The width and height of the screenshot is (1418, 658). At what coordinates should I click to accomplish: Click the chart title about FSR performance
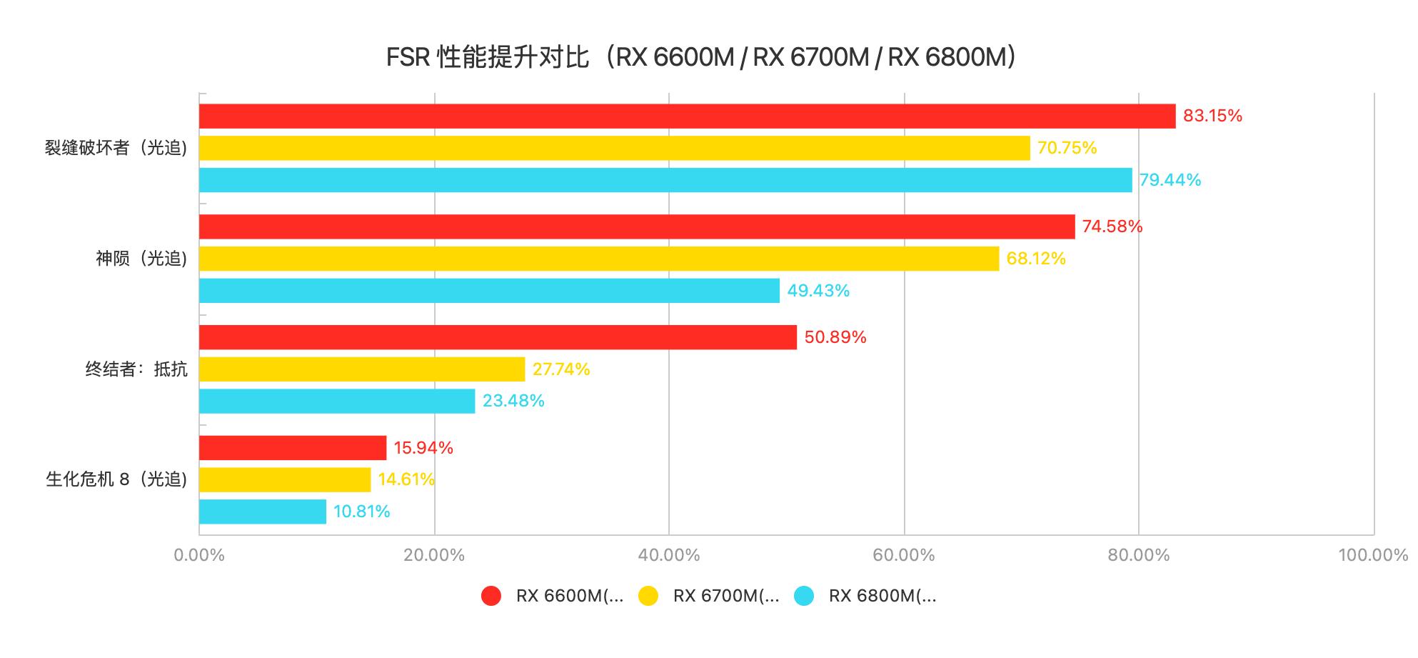(x=700, y=57)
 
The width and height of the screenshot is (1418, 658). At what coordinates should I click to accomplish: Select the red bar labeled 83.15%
(x=687, y=116)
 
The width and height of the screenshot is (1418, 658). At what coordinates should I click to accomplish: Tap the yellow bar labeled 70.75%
(x=614, y=148)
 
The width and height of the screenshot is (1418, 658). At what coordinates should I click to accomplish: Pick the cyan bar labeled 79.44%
(x=665, y=180)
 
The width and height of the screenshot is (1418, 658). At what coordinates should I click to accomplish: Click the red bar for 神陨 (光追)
(x=637, y=226)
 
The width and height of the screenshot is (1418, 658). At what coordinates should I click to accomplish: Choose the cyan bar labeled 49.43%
(x=489, y=291)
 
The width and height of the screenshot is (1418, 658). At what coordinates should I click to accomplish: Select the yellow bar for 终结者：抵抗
(x=362, y=369)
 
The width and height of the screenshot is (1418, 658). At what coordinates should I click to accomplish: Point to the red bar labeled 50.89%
(x=498, y=337)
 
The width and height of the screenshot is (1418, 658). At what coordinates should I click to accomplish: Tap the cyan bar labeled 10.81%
(x=263, y=512)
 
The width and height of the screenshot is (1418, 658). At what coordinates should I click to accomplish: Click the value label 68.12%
(x=1035, y=259)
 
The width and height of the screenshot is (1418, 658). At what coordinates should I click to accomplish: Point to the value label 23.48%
(x=513, y=401)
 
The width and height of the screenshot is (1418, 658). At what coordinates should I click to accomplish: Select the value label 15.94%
(x=423, y=448)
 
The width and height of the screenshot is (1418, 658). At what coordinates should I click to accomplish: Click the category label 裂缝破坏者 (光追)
(x=116, y=148)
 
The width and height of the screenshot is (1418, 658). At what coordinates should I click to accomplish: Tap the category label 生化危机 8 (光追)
(x=116, y=479)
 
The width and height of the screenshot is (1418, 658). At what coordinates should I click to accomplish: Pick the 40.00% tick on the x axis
(x=669, y=555)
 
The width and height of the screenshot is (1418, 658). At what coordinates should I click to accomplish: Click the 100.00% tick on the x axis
(x=1373, y=555)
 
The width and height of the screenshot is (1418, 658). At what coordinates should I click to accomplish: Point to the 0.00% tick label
(x=199, y=555)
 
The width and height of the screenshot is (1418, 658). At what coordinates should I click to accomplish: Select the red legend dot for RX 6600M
(x=491, y=596)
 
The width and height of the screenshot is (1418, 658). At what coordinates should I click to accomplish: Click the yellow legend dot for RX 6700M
(x=648, y=596)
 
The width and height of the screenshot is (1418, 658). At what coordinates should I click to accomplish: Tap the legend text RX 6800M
(x=883, y=596)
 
